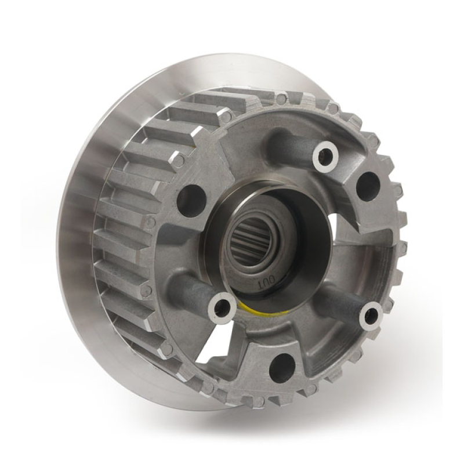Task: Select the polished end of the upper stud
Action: (x=325, y=155)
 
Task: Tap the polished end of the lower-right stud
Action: (x=371, y=316)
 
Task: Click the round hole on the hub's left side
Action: (x=191, y=200)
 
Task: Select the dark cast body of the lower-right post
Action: (x=342, y=302)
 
